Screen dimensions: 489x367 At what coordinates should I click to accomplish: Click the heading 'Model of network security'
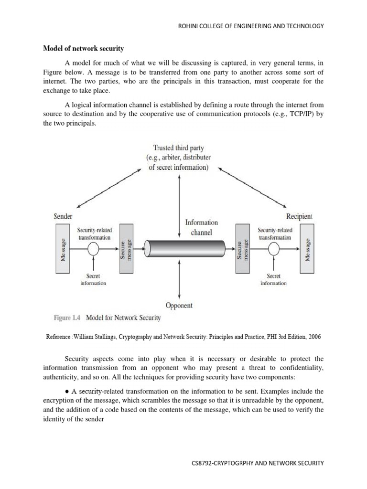(x=84, y=48)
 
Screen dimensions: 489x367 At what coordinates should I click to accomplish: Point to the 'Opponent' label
(x=179, y=305)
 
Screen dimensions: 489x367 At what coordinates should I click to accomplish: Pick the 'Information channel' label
(x=201, y=227)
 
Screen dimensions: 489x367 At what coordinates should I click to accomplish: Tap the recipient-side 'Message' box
(x=308, y=250)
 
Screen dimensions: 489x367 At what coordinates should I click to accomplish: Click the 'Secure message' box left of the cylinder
(x=126, y=250)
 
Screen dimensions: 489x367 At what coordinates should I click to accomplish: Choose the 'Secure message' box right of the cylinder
(x=242, y=250)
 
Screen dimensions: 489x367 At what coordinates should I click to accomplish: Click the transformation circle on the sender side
(x=94, y=249)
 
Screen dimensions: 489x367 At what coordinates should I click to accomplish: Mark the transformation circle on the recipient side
(x=274, y=249)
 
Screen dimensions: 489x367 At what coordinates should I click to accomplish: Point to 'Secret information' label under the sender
(x=93, y=279)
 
